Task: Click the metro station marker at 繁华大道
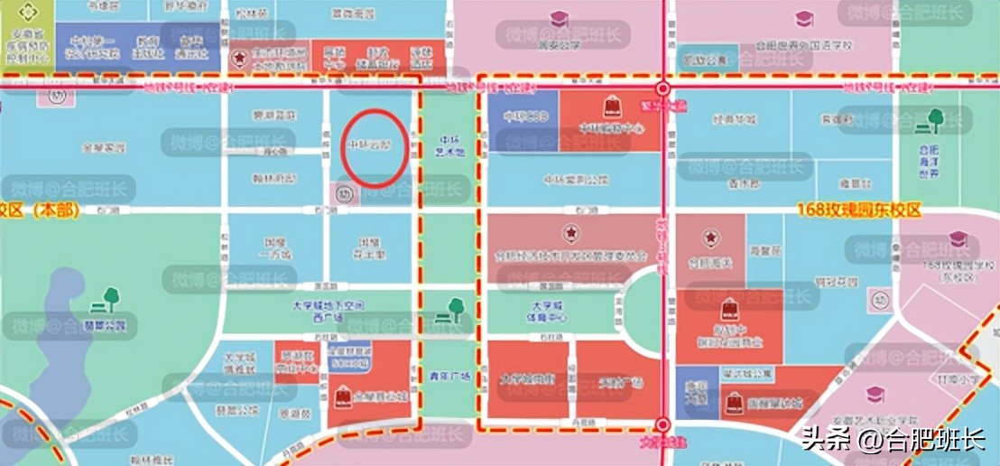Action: (x=663, y=89)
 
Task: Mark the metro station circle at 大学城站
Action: (x=663, y=424)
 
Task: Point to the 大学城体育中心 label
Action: (x=549, y=312)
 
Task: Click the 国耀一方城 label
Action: (x=275, y=249)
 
